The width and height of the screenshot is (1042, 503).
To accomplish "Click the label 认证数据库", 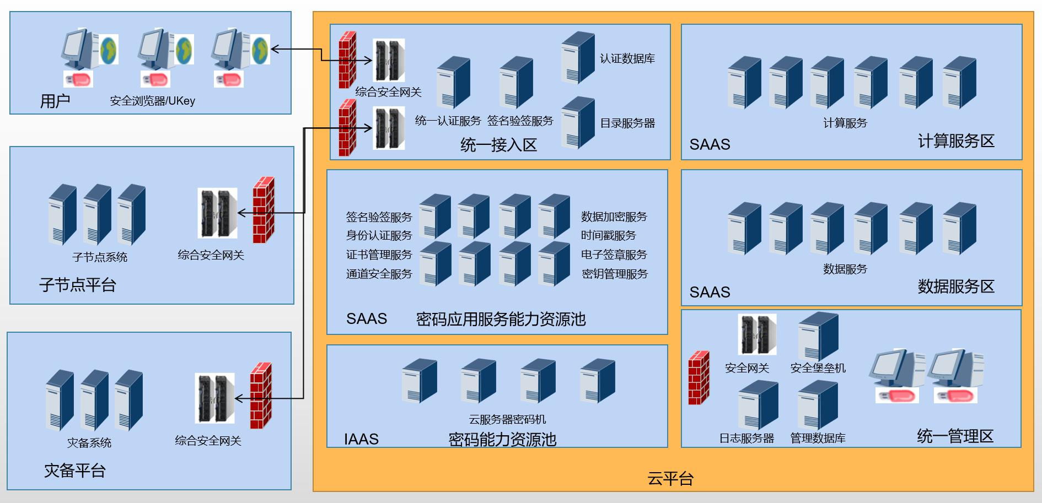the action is [x=627, y=58].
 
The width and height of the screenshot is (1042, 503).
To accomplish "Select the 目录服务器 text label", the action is [x=627, y=123].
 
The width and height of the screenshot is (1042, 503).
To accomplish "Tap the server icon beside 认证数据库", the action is [x=578, y=57].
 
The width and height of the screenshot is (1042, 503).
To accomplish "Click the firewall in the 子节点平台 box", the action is [x=264, y=210].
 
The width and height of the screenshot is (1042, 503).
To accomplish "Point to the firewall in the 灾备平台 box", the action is [x=261, y=396].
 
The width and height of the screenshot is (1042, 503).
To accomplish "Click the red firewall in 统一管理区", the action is [x=699, y=377].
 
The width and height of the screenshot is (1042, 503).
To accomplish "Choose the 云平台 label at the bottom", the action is [x=670, y=478].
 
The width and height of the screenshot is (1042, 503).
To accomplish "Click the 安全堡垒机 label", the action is [x=818, y=368].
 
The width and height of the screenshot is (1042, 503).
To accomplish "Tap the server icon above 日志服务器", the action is [x=758, y=405].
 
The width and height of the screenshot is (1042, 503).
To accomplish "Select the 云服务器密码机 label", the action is [x=507, y=419].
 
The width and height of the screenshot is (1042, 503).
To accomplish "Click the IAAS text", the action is [x=361, y=439].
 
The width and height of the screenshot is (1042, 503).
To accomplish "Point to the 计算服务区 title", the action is [x=956, y=141].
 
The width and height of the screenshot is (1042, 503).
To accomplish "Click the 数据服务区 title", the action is [x=956, y=286].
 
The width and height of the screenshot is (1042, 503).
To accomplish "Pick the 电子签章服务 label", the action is [x=614, y=255].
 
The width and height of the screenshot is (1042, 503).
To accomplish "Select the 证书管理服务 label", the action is [x=379, y=255].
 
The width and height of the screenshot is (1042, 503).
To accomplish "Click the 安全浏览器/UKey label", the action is [x=152, y=101].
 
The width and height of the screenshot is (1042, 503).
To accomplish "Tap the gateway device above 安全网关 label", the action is [x=757, y=334].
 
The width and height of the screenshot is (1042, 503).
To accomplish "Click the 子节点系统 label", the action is [x=100, y=257].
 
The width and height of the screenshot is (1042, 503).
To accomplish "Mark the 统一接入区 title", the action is [x=498, y=145].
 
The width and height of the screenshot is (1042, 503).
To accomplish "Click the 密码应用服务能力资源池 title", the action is [x=501, y=319].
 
